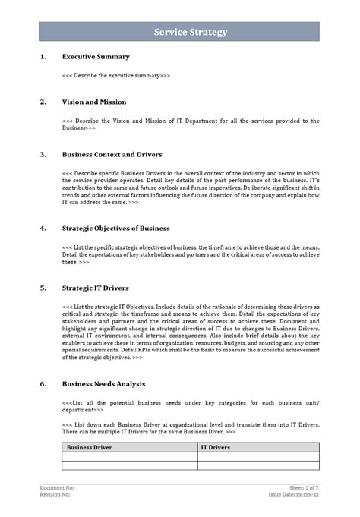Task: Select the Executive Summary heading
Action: tap(96, 56)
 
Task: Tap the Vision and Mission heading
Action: tap(94, 102)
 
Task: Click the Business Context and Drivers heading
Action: tap(112, 154)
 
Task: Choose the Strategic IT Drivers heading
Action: tap(95, 288)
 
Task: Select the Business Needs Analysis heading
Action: tap(103, 383)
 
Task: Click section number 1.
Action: tap(43, 56)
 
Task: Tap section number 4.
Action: tap(43, 228)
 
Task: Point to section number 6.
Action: tap(43, 383)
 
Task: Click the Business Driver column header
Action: tap(90, 448)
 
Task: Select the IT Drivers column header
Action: tap(216, 448)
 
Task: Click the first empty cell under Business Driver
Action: tap(130, 457)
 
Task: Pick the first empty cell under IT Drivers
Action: tap(258, 457)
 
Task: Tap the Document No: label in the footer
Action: tap(57, 487)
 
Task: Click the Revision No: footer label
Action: tap(55, 494)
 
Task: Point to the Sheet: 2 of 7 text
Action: tap(304, 487)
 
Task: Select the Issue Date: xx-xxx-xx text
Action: tap(294, 494)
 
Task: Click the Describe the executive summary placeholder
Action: tap(116, 76)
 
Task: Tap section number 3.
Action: tap(43, 154)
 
